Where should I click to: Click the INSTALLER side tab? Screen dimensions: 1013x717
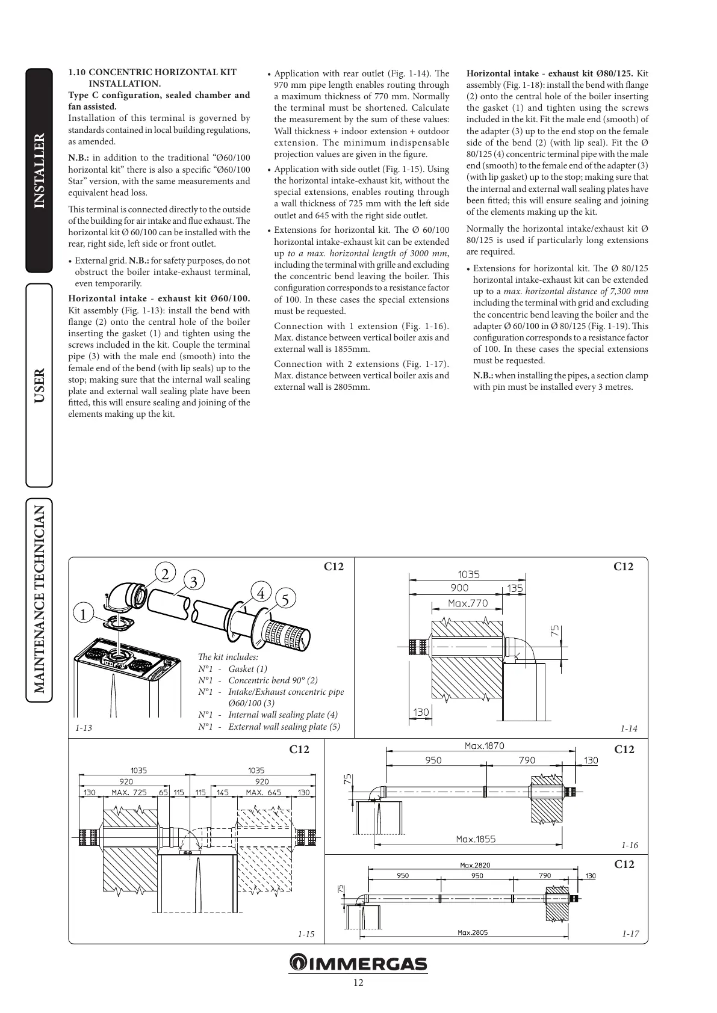[39, 171]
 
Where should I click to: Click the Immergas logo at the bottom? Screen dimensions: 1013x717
[358, 963]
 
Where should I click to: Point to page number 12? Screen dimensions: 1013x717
[358, 983]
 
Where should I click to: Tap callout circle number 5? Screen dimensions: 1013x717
[285, 600]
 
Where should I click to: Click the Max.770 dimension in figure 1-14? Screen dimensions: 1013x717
[468, 603]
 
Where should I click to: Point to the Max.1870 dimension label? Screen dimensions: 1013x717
[484, 746]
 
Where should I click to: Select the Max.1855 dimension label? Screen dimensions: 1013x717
[476, 839]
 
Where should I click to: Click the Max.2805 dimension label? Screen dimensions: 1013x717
[473, 932]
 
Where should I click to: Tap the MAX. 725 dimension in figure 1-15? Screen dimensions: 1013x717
[129, 793]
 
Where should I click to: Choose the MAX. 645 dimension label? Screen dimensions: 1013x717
[263, 793]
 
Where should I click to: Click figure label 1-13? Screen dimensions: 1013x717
[84, 728]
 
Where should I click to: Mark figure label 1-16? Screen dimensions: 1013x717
[630, 845]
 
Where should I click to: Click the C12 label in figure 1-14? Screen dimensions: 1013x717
[623, 567]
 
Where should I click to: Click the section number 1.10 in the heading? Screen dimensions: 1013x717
[76, 72]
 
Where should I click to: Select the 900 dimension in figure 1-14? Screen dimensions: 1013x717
[459, 588]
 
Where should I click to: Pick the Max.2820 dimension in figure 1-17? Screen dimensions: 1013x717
[475, 865]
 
